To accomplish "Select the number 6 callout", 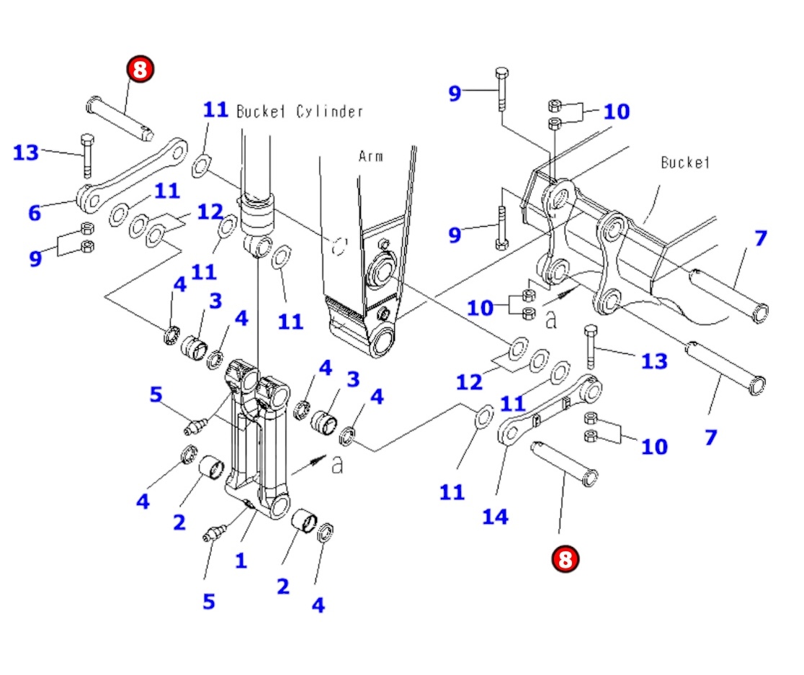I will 35,212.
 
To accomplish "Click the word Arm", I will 372,156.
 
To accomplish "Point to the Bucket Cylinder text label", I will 300,112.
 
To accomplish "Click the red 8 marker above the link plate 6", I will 140,69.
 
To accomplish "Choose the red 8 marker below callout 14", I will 565,558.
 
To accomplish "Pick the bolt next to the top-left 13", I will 86,155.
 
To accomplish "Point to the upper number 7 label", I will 761,238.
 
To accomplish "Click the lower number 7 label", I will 710,436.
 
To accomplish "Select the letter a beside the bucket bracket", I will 551,320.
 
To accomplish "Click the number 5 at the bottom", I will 208,601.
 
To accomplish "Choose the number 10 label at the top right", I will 616,112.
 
